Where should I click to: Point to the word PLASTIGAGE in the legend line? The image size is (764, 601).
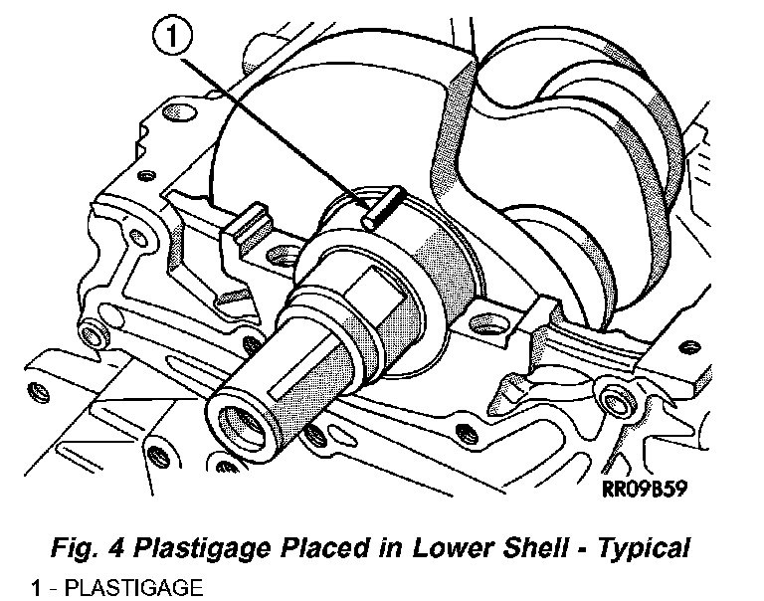point(132,587)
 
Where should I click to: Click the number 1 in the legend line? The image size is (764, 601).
point(36,587)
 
